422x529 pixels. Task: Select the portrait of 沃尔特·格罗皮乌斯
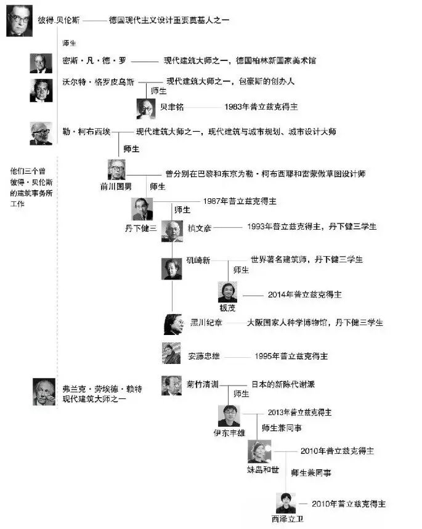[x=41, y=91]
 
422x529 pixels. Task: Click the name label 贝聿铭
[x=172, y=106]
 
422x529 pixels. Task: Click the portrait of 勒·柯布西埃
[x=41, y=133]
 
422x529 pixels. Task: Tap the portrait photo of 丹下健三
[x=142, y=209]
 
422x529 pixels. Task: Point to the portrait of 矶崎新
[x=172, y=269]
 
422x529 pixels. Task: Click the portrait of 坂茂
[x=227, y=292]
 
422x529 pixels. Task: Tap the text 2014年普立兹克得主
[x=304, y=294]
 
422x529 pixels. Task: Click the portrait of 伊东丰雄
[x=229, y=416]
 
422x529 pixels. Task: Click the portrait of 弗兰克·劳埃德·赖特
[x=44, y=392]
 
